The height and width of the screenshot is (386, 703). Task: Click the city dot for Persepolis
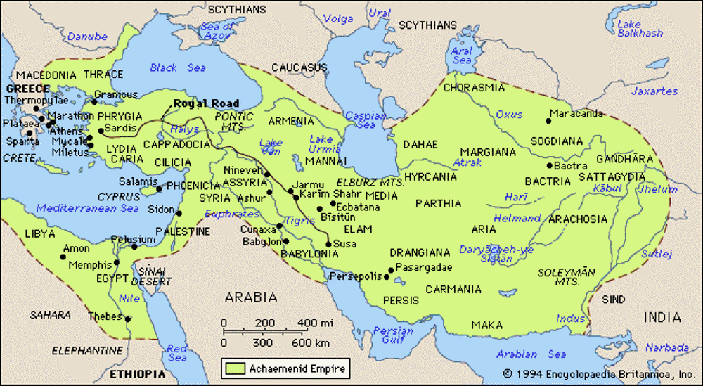click(387, 277)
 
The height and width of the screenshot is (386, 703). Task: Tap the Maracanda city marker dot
click(549, 121)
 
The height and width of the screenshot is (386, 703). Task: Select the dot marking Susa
click(328, 244)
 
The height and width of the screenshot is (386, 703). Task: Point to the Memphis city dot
click(116, 265)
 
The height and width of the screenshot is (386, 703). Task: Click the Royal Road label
click(207, 103)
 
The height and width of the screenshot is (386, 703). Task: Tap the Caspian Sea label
click(366, 120)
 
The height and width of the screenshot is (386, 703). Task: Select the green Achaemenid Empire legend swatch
click(233, 367)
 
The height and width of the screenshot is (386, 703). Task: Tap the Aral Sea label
click(462, 56)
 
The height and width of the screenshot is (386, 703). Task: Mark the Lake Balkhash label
click(640, 28)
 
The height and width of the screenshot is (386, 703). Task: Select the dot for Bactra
click(548, 166)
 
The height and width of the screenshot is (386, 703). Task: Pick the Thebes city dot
click(129, 318)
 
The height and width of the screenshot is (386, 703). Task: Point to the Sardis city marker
click(101, 130)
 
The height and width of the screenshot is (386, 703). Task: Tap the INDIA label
click(662, 317)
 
